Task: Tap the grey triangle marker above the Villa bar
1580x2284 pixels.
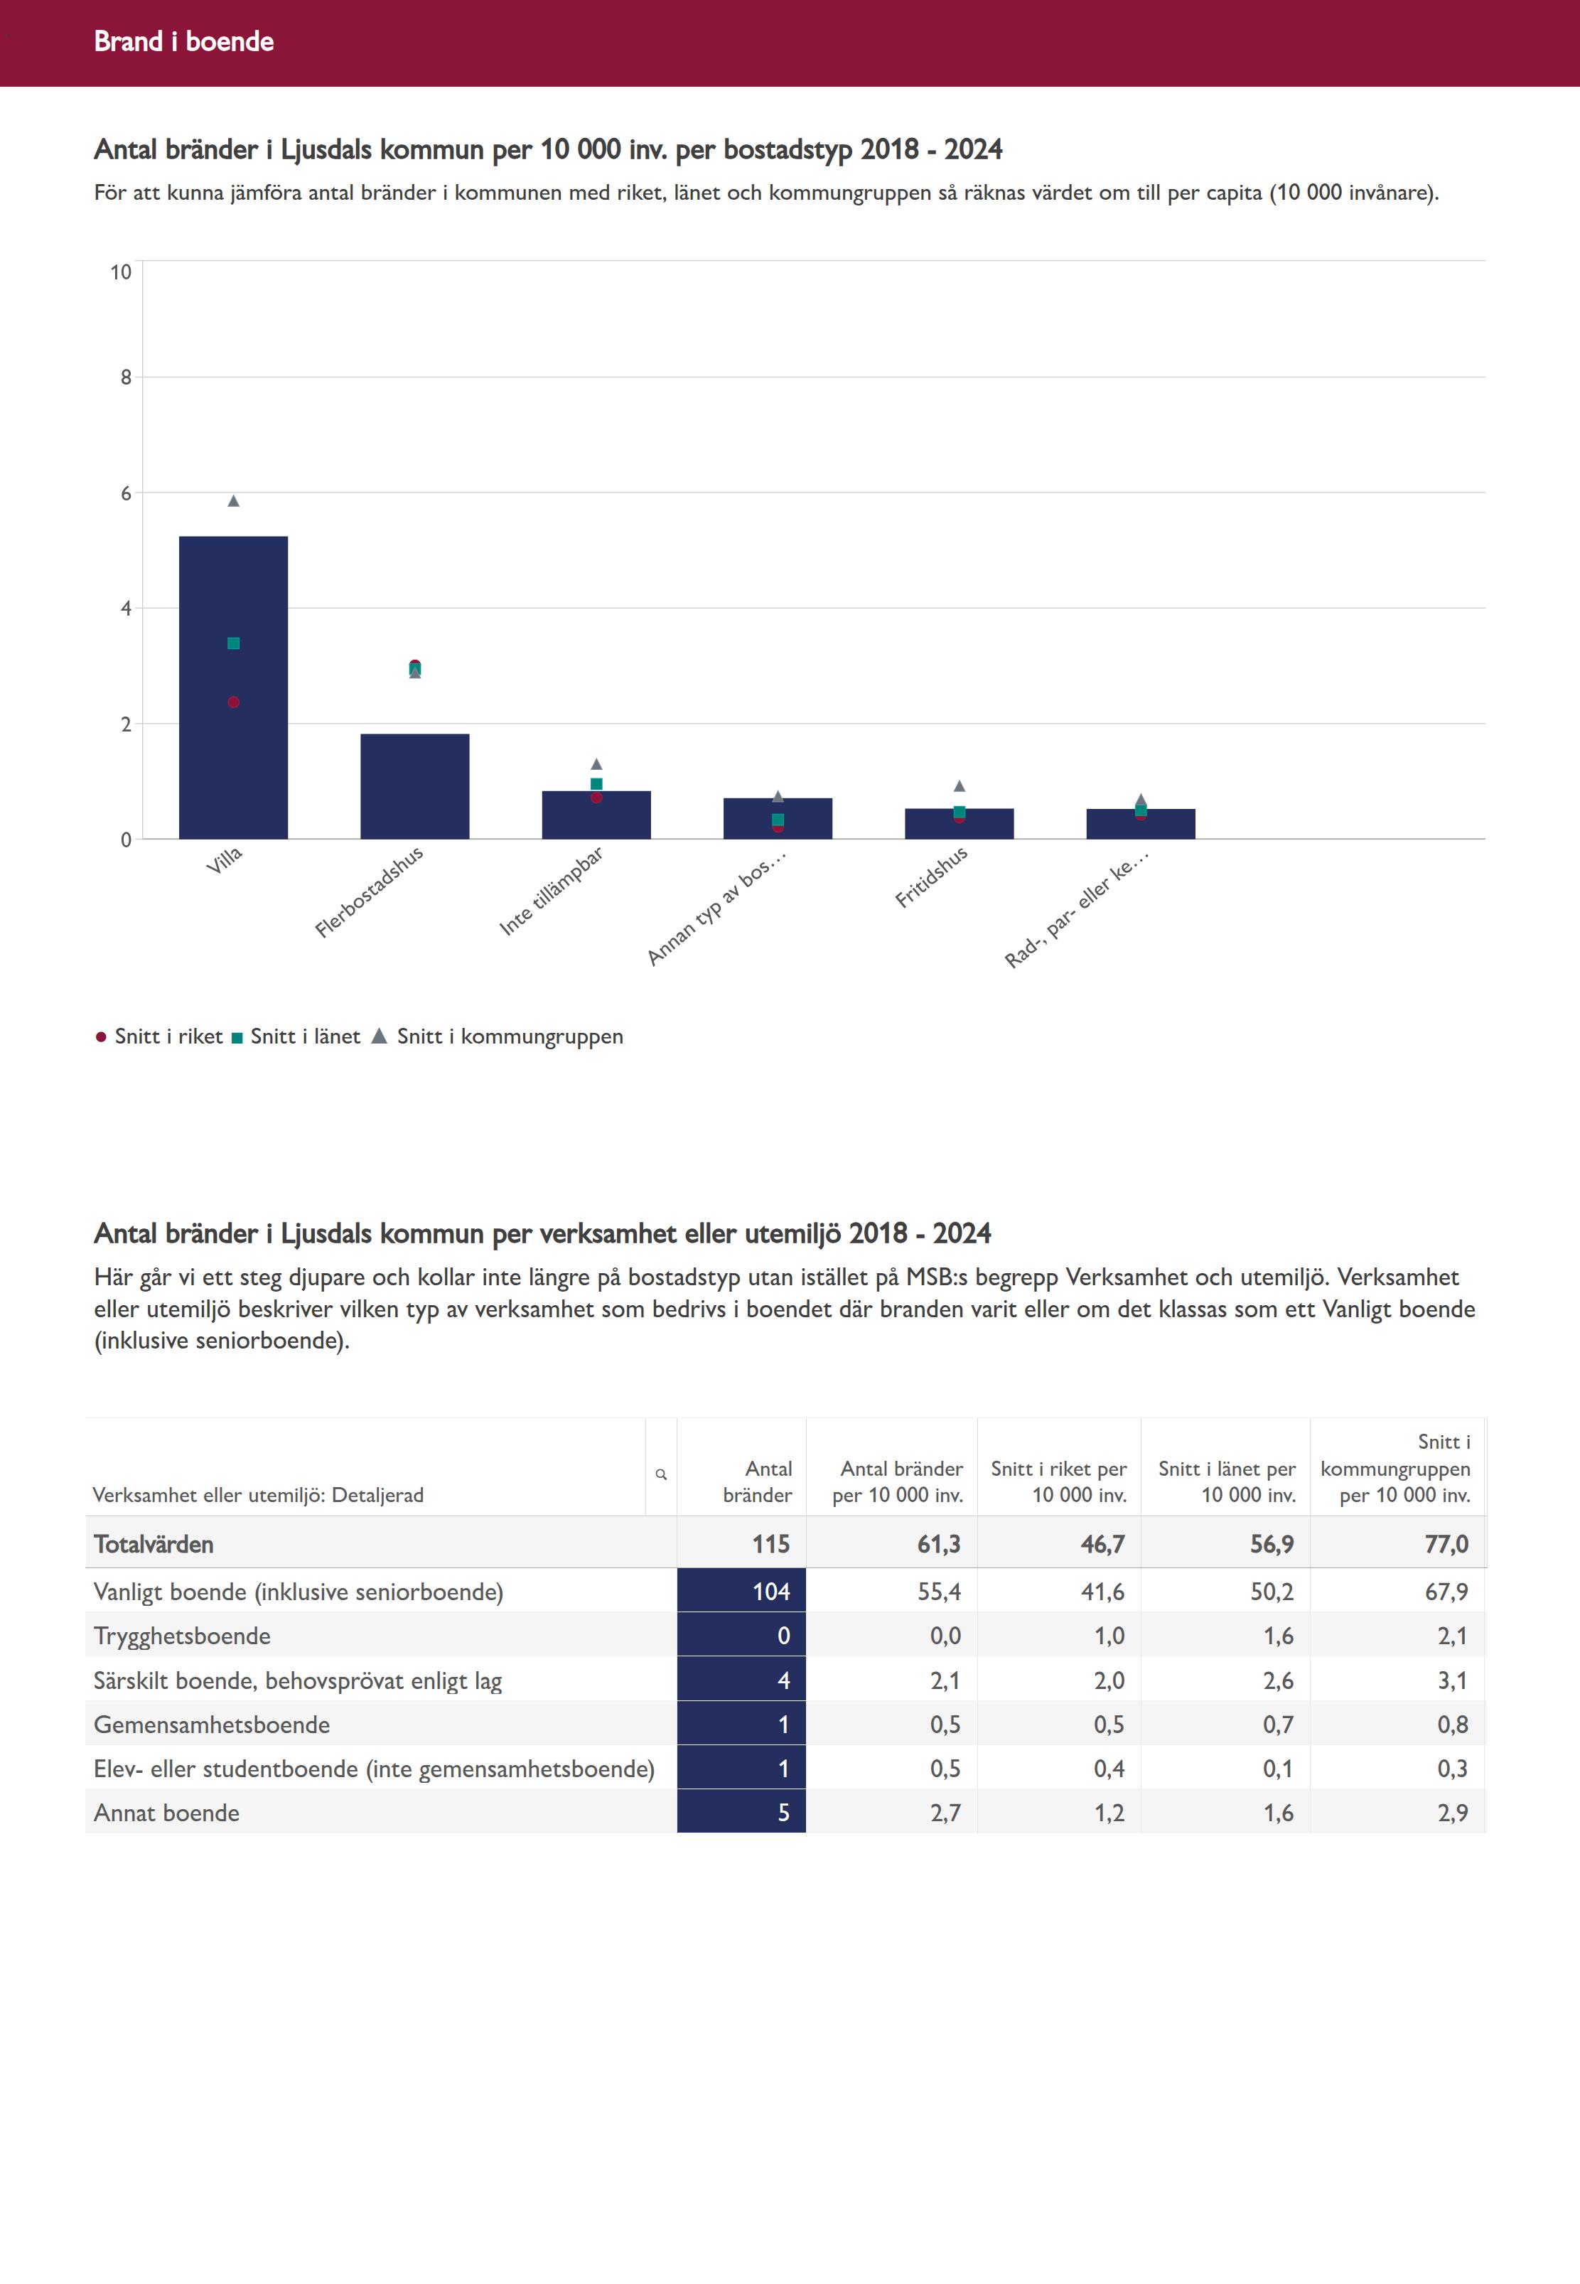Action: pos(234,501)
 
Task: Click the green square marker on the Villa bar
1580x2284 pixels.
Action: pos(234,643)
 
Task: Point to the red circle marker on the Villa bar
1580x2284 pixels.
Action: pos(234,702)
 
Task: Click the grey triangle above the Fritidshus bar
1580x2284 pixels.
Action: pos(960,786)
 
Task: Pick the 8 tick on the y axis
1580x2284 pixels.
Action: pos(126,377)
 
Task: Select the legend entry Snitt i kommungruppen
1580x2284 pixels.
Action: pos(509,1036)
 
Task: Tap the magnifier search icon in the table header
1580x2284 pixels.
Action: pos(661,1474)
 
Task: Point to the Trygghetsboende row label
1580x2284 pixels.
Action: pos(182,1636)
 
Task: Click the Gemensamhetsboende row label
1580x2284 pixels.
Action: pos(212,1725)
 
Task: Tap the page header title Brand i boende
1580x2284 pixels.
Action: pos(184,41)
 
